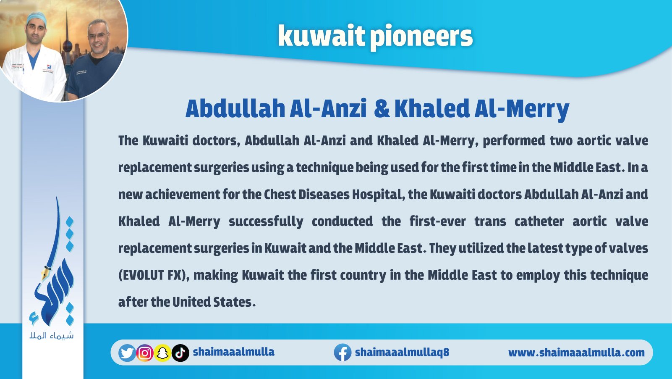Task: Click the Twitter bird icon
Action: click(127, 353)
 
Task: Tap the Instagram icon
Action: click(145, 353)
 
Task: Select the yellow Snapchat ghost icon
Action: click(162, 353)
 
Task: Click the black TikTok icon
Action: click(180, 353)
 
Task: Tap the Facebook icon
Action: click(343, 353)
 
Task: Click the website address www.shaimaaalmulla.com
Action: click(576, 352)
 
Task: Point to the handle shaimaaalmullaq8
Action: click(402, 352)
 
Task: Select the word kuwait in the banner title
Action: click(321, 35)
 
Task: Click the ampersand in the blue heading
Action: click(382, 108)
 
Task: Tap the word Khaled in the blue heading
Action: click(431, 108)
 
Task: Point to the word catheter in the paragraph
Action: click(539, 221)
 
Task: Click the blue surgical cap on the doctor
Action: click(36, 18)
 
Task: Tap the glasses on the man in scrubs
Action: click(98, 35)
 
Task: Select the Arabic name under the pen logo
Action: click(52, 335)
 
